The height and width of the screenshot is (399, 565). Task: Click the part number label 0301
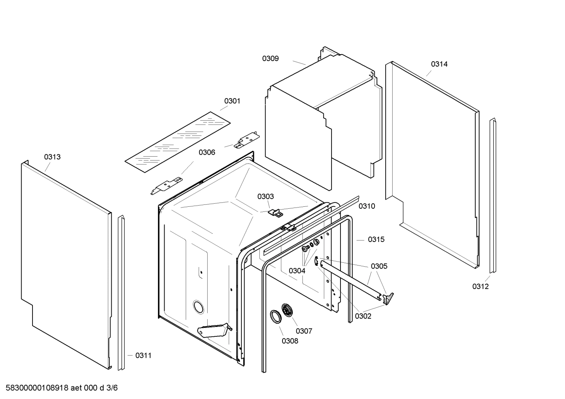232,101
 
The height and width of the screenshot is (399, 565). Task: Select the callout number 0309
270,59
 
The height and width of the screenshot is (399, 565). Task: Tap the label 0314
439,64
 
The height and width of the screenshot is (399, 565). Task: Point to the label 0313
52,157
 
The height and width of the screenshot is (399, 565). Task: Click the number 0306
206,152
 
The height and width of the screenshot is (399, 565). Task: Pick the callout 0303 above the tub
266,197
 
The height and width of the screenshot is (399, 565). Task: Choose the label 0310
367,206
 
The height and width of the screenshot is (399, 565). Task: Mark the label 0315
376,240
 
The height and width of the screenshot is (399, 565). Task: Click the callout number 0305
379,266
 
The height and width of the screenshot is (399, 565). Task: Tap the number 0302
363,316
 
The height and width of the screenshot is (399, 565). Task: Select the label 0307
304,331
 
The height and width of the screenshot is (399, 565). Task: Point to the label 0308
290,341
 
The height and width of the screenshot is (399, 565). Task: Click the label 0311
143,356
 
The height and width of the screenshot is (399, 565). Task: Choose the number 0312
480,287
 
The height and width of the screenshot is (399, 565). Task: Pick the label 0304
297,271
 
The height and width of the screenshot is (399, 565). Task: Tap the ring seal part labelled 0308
276,316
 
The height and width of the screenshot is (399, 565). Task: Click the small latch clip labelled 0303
276,213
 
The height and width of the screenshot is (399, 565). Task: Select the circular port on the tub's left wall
199,307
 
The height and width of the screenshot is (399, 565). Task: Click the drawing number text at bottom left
59,388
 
